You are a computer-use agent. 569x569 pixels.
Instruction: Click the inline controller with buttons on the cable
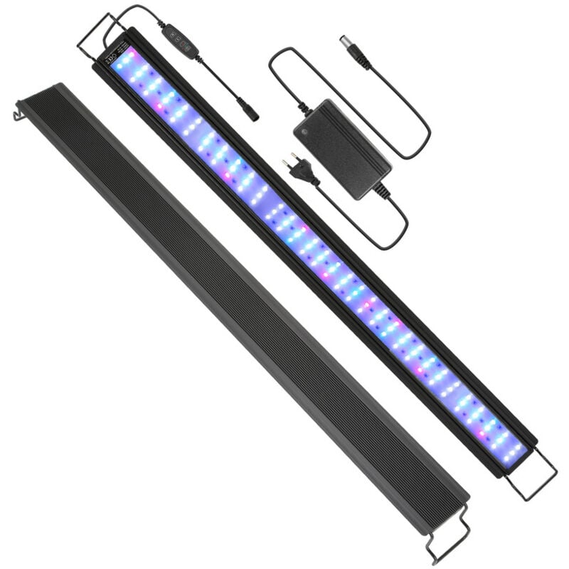click(x=179, y=41)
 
